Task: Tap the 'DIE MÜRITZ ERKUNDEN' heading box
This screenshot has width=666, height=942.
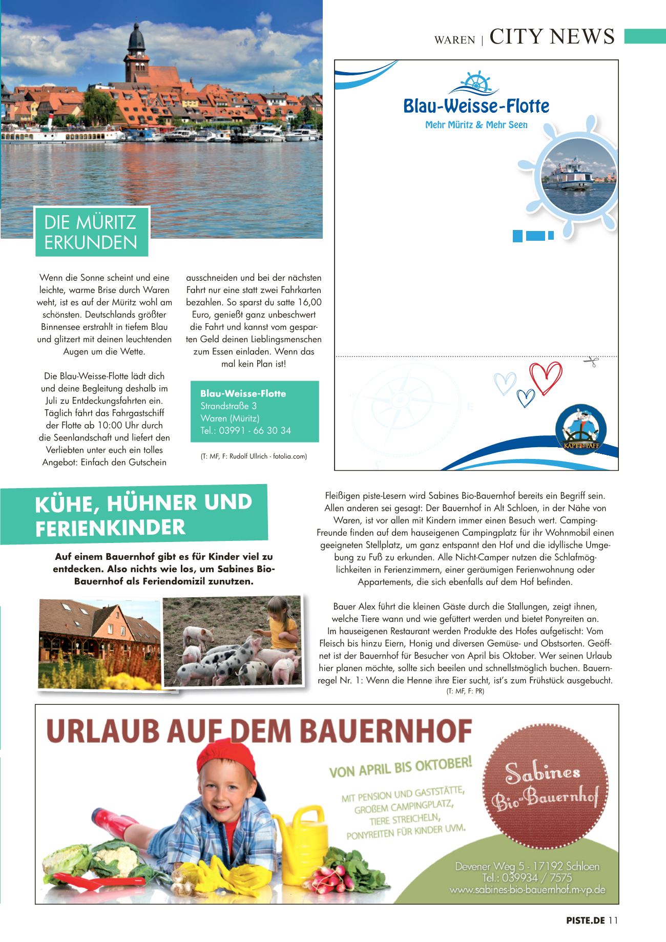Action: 91,232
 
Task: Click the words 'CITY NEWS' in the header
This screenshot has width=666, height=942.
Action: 552,36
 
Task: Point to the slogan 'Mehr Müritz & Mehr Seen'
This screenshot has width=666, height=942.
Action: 476,124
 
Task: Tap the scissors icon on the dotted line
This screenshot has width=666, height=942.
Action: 591,361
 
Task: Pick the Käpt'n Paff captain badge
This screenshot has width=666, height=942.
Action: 581,429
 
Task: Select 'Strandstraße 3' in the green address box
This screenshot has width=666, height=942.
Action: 228,406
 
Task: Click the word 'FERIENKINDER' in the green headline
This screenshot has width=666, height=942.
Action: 110,528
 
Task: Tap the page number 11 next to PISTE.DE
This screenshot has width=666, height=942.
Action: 613,920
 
